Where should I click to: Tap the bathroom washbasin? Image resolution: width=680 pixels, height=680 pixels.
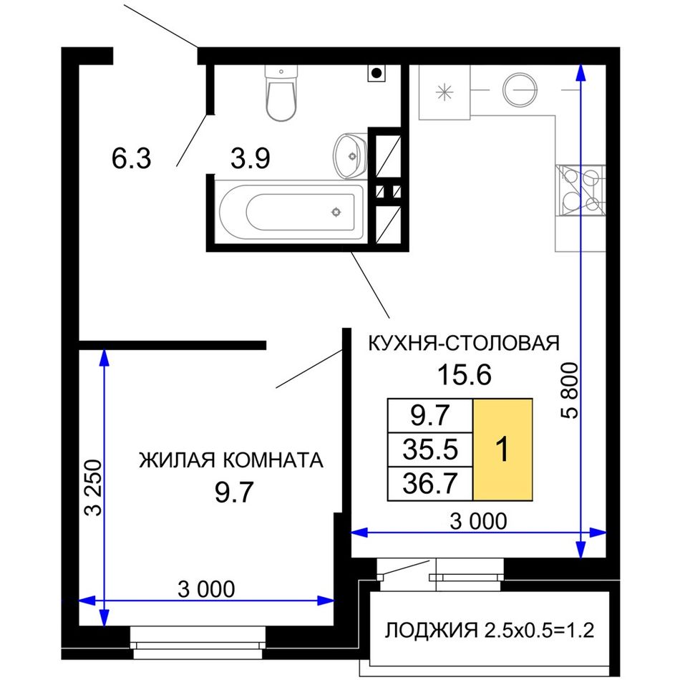[350, 156]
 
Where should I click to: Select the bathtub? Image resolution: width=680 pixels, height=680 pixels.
[291, 212]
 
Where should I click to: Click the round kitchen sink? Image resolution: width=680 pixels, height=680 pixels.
[520, 90]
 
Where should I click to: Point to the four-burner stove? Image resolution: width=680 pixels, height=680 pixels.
[580, 190]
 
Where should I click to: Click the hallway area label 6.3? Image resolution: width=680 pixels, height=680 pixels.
[132, 158]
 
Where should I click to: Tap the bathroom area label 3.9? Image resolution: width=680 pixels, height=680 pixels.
[251, 158]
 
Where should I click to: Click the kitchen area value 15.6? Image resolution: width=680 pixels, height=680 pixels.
[465, 374]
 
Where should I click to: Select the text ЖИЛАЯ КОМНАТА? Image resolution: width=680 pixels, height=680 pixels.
[231, 460]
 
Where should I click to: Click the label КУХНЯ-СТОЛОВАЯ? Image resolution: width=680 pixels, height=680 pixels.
[464, 343]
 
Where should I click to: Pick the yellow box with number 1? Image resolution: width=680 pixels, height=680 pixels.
[502, 450]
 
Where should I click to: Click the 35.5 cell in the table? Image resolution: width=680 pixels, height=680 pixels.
[429, 450]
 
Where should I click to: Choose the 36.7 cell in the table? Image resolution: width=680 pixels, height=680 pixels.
[429, 484]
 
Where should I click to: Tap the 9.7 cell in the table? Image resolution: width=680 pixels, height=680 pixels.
[429, 415]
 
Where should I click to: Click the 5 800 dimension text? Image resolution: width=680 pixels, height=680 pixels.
[570, 390]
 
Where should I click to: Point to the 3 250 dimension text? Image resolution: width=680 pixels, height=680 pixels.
[93, 487]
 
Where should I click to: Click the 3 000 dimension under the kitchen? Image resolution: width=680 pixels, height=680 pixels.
[478, 521]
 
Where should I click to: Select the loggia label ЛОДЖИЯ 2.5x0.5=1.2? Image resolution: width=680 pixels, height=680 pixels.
[490, 630]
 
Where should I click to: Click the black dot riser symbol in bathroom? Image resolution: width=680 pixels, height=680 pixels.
[377, 73]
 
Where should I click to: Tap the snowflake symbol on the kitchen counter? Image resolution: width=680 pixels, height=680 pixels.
[444, 92]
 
